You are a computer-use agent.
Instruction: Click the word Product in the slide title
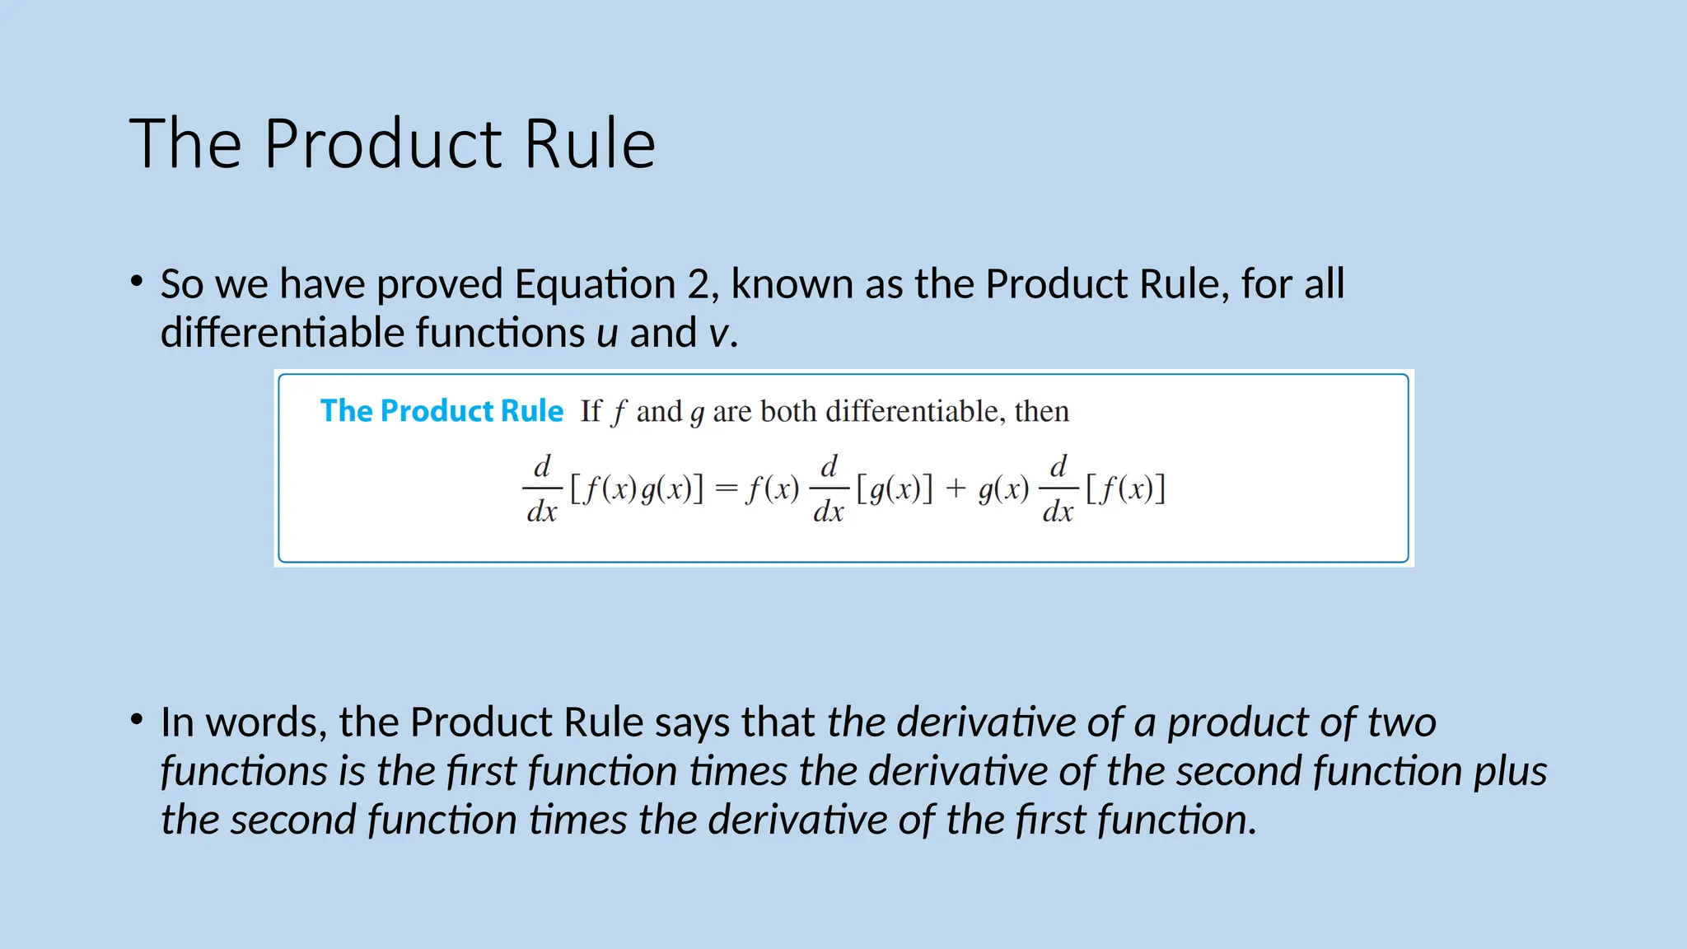383,144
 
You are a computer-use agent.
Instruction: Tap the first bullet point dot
137,281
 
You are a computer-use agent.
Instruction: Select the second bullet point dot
137,719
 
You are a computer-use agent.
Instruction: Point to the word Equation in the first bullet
595,284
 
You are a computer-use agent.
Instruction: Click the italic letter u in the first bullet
607,334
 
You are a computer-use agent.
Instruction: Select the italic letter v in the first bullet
718,334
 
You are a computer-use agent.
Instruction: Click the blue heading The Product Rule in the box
442,410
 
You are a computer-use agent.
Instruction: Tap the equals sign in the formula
726,489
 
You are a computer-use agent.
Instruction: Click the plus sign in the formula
956,489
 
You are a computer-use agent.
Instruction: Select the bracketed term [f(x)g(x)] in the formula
637,489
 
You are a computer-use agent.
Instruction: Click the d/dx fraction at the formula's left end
542,489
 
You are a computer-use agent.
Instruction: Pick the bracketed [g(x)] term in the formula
895,489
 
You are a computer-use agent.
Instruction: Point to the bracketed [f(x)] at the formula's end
1125,489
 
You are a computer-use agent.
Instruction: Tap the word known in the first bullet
792,284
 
